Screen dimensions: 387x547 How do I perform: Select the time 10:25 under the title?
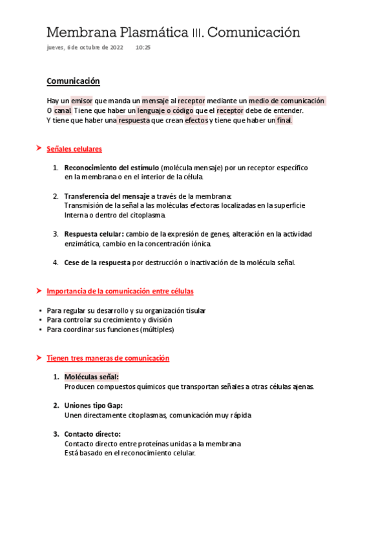[143, 48]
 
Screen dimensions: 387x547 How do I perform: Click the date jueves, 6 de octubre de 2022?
[85, 48]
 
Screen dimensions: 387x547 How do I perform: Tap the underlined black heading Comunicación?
[73, 81]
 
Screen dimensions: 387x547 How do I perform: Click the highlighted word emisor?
[81, 101]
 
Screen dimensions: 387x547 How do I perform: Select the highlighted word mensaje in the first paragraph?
[154, 101]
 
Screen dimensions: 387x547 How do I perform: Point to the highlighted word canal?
[63, 111]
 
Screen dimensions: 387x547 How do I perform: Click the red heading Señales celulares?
[74, 149]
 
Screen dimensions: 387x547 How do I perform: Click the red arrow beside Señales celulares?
[39, 149]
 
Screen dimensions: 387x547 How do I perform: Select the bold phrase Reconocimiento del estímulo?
[112, 168]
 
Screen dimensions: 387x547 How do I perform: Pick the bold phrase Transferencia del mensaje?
[107, 196]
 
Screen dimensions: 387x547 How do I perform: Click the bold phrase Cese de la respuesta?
[97, 263]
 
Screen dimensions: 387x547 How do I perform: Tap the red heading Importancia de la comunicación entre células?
[120, 292]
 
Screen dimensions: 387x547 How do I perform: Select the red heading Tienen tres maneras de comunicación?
[108, 358]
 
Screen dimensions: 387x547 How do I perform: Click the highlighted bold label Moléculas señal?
[92, 377]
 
